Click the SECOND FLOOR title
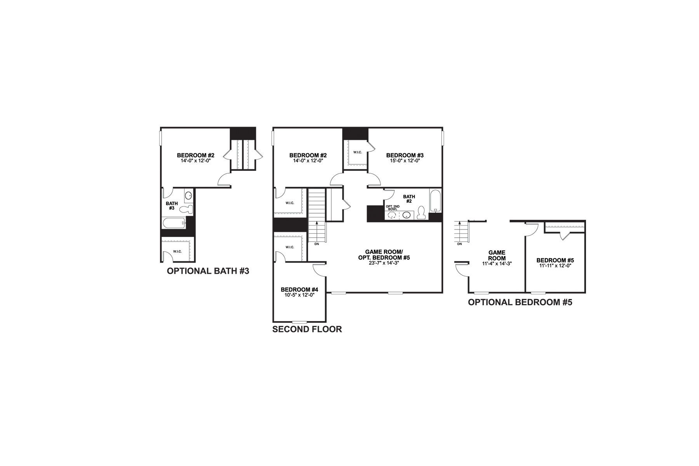307,329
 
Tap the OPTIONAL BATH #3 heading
208,271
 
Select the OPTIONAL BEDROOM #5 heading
520,303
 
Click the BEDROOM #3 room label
405,155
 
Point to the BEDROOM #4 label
299,290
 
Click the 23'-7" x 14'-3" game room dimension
384,263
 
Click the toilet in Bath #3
187,210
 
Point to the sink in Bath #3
188,195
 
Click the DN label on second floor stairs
316,244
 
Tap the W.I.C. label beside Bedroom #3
357,152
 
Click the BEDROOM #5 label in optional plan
555,261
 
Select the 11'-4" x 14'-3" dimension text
497,263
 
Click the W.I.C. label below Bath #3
177,252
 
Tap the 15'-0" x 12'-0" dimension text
405,160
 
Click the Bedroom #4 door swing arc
319,271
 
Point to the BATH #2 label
409,199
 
